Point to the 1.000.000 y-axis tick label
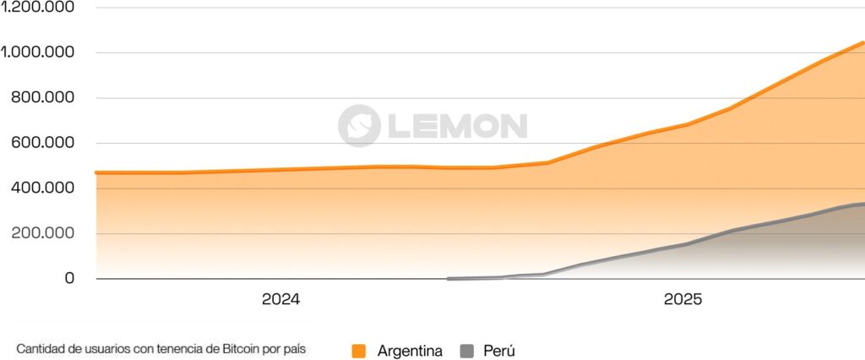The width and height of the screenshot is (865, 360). pyautogui.click(x=39, y=52)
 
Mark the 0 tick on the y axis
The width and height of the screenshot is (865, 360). pyautogui.click(x=69, y=279)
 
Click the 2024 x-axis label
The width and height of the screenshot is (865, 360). pyautogui.click(x=281, y=299)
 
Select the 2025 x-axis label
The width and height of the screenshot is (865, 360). pyautogui.click(x=683, y=299)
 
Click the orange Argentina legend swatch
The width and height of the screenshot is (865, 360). pyautogui.click(x=359, y=351)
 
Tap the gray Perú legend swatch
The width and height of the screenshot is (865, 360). pyautogui.click(x=467, y=351)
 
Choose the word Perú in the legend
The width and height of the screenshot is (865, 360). pyautogui.click(x=499, y=351)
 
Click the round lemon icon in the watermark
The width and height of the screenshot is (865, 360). pyautogui.click(x=359, y=126)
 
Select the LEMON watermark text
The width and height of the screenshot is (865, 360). pyautogui.click(x=457, y=126)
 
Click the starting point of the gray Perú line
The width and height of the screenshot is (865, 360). pyautogui.click(x=449, y=278)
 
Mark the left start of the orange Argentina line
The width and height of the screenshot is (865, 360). pyautogui.click(x=97, y=172)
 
